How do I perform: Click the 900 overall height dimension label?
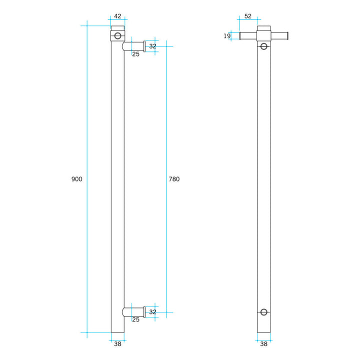pyautogui.click(x=76, y=179)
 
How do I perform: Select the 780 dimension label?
pyautogui.click(x=174, y=179)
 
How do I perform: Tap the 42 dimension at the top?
pyautogui.click(x=117, y=16)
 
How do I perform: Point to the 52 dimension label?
pyautogui.click(x=247, y=16)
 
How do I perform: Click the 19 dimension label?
pyautogui.click(x=227, y=35)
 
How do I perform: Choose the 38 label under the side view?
pyautogui.click(x=117, y=343)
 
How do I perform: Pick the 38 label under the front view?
pyautogui.click(x=264, y=343)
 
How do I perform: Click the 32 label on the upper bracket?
pyautogui.click(x=152, y=46)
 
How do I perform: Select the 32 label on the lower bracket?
pyautogui.click(x=152, y=312)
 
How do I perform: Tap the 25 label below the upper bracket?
pyautogui.click(x=135, y=54)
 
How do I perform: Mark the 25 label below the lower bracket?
pyautogui.click(x=135, y=319)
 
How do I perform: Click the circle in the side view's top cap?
pyautogui.click(x=117, y=35)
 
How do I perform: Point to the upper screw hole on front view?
pyautogui.click(x=264, y=46)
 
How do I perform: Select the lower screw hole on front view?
pyautogui.click(x=264, y=312)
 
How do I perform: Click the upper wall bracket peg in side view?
pyautogui.click(x=134, y=46)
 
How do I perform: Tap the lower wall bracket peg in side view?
pyautogui.click(x=134, y=312)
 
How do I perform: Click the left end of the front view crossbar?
pyautogui.click(x=241, y=35)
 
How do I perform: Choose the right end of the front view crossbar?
pyautogui.click(x=287, y=35)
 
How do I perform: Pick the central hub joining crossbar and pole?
pyautogui.click(x=264, y=35)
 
